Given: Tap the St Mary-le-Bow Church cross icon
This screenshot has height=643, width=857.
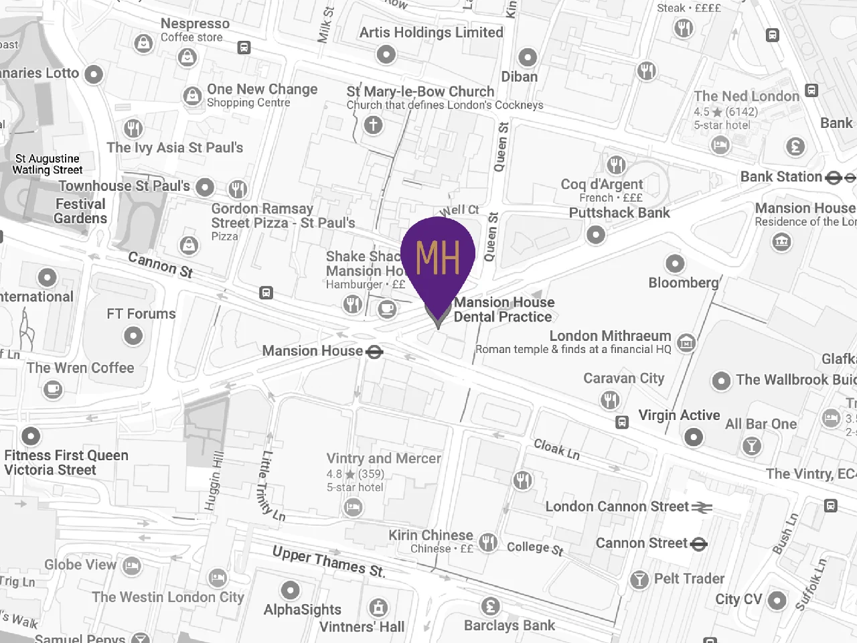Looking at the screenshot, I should [374, 125].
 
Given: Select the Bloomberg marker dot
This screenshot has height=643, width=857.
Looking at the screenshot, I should [675, 263].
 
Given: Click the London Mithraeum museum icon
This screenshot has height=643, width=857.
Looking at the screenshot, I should [686, 343].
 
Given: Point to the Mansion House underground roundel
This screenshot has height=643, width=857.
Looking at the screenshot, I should [374, 351].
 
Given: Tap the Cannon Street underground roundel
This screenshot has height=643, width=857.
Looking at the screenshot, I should [698, 544].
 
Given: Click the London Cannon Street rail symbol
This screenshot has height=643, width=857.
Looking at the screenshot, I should [702, 507].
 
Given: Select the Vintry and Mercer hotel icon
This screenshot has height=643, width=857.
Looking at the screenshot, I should [353, 508].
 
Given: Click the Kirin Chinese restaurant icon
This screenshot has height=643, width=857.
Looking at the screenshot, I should [489, 543].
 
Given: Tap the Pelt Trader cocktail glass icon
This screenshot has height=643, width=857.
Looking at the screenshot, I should [639, 579].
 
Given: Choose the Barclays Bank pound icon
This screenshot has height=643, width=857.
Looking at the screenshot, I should [491, 606].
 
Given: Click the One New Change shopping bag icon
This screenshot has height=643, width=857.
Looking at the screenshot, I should [193, 96].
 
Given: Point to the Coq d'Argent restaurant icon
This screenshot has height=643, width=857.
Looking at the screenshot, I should [616, 165].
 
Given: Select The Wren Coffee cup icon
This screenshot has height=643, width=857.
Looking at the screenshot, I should [53, 388].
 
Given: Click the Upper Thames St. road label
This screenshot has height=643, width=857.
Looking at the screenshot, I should [329, 561].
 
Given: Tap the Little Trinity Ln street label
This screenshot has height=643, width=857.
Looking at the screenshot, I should [271, 486].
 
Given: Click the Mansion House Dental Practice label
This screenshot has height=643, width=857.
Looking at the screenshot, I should [503, 309].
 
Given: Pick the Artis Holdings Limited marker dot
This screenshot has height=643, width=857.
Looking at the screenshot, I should [386, 54].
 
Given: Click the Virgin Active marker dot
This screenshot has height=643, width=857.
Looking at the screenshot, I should [694, 437].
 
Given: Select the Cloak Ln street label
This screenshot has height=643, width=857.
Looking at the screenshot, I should [556, 449].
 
